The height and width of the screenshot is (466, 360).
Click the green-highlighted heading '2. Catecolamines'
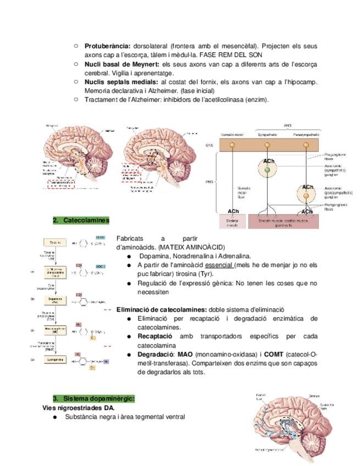(x=81, y=220)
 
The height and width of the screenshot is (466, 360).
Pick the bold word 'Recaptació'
(x=155, y=336)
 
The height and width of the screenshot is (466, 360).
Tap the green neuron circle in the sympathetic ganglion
(x=267, y=170)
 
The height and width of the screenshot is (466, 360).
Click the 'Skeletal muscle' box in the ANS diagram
(x=232, y=221)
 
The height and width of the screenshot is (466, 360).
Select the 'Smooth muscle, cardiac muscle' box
(x=283, y=221)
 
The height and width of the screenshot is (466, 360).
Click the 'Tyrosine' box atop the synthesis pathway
(x=55, y=242)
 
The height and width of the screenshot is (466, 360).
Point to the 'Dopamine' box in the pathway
(x=55, y=300)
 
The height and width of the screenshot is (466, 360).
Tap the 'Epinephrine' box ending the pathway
(x=55, y=359)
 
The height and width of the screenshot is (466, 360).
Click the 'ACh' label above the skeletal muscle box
(x=233, y=211)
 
